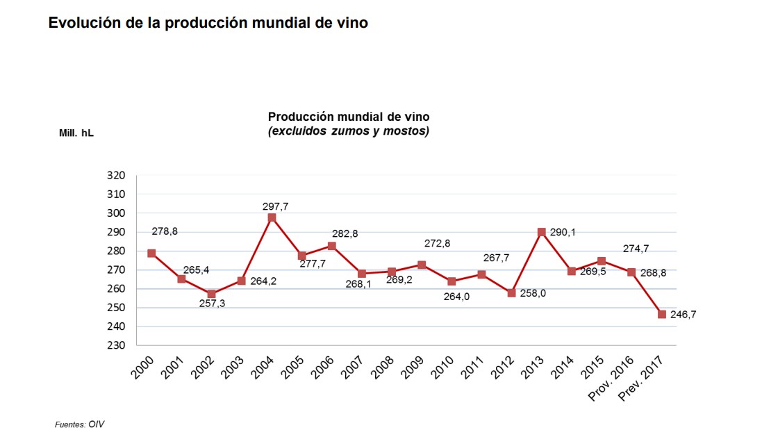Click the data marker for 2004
[x=272, y=217]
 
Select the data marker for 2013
[x=541, y=232]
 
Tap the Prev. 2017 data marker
[x=661, y=314]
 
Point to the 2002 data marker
[x=211, y=294]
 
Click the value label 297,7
[x=275, y=205]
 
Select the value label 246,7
[x=684, y=315]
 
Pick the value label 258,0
[x=533, y=294]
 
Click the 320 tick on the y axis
[x=116, y=176]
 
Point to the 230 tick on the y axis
[x=116, y=345]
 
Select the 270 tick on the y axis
[x=116, y=270]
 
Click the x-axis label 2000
[x=142, y=367]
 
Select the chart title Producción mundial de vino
[x=349, y=116]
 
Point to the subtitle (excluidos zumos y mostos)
[x=349, y=131]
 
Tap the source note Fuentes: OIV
[x=79, y=424]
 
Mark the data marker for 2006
[x=331, y=246]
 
